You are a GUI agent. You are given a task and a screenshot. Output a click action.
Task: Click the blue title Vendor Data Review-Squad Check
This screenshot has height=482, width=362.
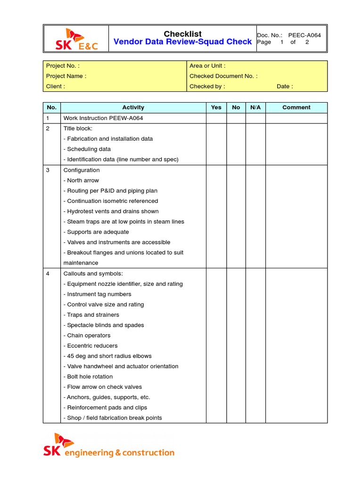tap(183, 42)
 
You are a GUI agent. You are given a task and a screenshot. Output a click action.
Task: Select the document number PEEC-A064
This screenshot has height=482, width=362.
tap(304, 35)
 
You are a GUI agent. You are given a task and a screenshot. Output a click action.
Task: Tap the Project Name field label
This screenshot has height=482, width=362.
tap(66, 76)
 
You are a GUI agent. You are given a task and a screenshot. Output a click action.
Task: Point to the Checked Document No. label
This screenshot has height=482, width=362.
tap(223, 76)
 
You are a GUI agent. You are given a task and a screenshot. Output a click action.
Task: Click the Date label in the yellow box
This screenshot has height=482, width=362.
tap(285, 87)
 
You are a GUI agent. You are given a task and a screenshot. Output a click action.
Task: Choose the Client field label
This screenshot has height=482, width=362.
tap(56, 87)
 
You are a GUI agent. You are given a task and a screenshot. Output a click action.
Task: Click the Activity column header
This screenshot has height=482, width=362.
tap(133, 108)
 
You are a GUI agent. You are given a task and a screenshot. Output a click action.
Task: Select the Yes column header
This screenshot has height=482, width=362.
tap(216, 108)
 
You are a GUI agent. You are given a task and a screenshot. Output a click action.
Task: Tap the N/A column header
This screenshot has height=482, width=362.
tap(255, 108)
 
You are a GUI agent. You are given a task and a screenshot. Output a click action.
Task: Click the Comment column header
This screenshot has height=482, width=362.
tap(296, 108)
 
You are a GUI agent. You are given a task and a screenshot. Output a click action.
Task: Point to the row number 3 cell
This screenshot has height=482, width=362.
tap(48, 170)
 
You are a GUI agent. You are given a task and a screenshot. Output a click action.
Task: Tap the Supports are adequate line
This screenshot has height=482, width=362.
tap(96, 232)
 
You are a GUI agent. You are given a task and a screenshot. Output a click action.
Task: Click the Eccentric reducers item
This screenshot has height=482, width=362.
tap(90, 346)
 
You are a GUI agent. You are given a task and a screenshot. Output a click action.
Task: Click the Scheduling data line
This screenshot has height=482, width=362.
tap(87, 149)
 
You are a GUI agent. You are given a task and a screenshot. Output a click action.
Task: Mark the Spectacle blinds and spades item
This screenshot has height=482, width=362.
tap(104, 325)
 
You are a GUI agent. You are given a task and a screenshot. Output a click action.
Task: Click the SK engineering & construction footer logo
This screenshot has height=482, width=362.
tap(109, 446)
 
